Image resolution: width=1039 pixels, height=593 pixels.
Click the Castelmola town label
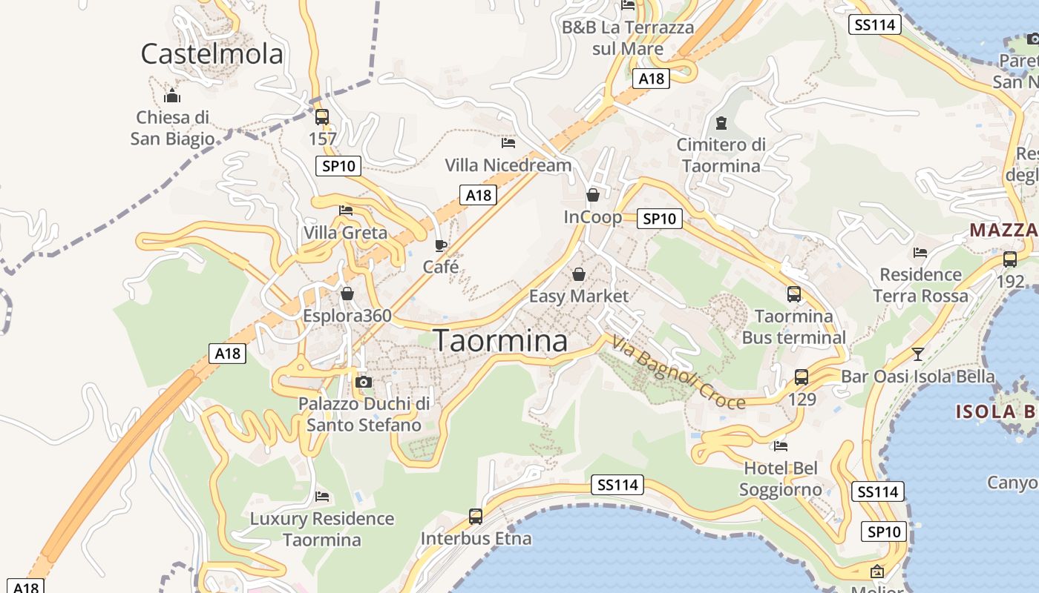[x=212, y=54]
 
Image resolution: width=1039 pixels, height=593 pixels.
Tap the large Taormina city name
[x=501, y=341]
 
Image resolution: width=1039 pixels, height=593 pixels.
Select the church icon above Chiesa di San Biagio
[x=172, y=96]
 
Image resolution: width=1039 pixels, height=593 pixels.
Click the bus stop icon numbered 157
[x=322, y=116]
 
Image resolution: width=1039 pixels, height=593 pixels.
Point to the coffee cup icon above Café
[x=441, y=245]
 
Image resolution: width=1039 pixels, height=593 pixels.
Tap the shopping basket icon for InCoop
[x=593, y=195]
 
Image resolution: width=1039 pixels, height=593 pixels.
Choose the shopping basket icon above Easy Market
[x=579, y=274]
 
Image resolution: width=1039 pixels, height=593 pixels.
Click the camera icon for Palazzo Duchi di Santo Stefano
[x=364, y=382]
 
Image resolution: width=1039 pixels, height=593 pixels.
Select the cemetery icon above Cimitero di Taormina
[x=721, y=122]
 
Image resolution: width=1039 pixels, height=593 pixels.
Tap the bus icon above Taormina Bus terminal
[x=794, y=294]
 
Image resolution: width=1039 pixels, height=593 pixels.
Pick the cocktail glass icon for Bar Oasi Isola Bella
[x=918, y=354]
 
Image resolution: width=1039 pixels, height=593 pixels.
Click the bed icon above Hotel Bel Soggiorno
[x=781, y=446]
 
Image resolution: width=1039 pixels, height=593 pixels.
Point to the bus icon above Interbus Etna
[x=476, y=517]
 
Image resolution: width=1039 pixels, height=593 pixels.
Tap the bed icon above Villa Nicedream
[x=508, y=142]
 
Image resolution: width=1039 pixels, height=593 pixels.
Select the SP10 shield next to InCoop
[x=660, y=219]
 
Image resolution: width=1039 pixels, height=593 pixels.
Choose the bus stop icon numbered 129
[x=802, y=377]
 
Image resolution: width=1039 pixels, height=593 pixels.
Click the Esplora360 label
[x=347, y=316]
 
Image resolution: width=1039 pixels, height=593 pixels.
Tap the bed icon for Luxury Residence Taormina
[x=322, y=496]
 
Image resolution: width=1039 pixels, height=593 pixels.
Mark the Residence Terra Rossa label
[x=920, y=285]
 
